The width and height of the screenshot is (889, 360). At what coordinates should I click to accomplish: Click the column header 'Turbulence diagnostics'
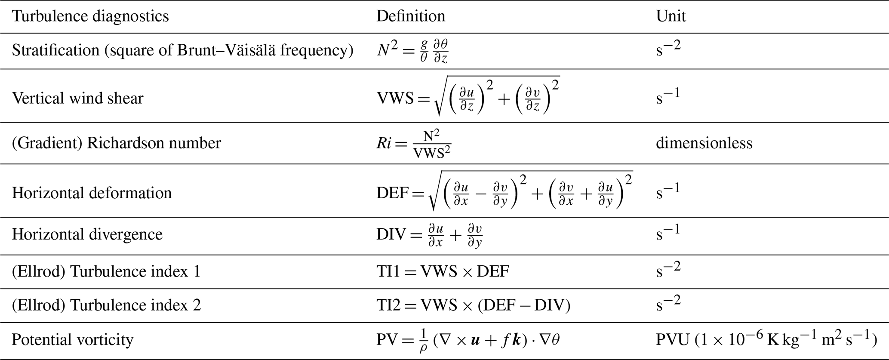pos(90,16)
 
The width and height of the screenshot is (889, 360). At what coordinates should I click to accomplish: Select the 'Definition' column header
pos(411,16)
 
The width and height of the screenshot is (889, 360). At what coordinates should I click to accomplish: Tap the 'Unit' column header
pos(671,16)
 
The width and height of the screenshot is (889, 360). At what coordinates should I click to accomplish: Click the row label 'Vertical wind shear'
pos(77,98)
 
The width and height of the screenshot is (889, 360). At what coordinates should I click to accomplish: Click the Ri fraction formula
pos(414,143)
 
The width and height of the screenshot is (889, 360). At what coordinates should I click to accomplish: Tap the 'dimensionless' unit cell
pos(704,143)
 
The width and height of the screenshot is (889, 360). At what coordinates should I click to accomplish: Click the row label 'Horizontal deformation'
pos(92,193)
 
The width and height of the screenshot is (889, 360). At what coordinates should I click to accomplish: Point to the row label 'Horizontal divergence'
pos(87,234)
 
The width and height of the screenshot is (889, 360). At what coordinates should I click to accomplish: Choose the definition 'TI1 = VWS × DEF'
pos(443,272)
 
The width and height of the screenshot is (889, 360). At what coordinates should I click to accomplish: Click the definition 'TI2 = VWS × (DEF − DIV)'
pos(473,305)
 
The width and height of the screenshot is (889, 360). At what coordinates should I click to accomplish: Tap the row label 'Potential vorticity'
pos(72,340)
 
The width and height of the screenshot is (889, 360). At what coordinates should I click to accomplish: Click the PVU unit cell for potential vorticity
pos(766,340)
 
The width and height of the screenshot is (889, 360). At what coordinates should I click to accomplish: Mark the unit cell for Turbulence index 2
pos(668,304)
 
